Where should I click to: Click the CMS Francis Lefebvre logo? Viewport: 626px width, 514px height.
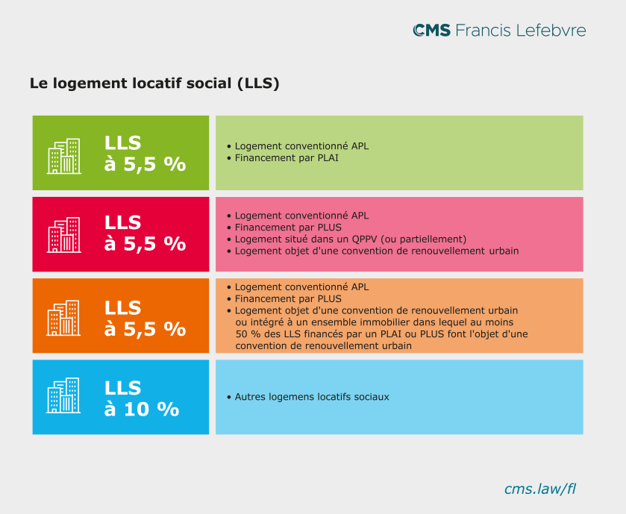click(499, 31)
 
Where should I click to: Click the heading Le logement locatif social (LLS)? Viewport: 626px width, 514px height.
click(154, 84)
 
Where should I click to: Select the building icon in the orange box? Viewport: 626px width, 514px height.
click(64, 318)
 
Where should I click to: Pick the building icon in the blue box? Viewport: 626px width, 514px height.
click(64, 395)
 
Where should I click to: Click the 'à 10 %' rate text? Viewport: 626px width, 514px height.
click(142, 409)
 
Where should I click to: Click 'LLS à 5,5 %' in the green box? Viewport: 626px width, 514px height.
click(145, 153)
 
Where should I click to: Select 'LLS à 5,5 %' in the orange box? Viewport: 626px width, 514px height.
click(145, 318)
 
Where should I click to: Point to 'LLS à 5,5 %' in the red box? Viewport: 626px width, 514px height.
click(145, 233)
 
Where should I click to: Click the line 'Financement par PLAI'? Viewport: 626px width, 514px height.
click(287, 158)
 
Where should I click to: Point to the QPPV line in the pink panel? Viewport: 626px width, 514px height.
click(350, 239)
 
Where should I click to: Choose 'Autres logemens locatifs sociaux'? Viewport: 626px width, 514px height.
click(312, 397)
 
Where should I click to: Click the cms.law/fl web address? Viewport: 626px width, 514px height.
click(540, 489)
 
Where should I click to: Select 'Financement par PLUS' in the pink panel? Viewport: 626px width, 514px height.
click(288, 228)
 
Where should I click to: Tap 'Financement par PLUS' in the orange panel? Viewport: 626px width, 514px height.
click(288, 298)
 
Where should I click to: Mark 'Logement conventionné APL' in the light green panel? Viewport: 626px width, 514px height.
click(301, 146)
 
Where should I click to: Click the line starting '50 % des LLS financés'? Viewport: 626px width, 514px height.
click(381, 334)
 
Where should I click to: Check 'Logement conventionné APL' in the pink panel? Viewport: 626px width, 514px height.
click(301, 216)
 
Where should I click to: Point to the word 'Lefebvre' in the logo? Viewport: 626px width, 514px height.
click(552, 31)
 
